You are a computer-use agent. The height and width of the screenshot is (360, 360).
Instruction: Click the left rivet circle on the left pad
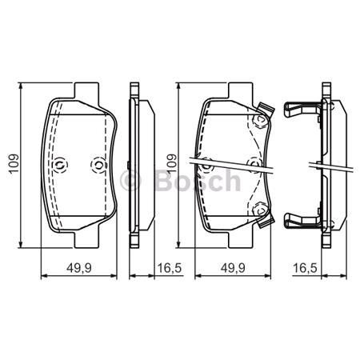pyautogui.click(x=59, y=165)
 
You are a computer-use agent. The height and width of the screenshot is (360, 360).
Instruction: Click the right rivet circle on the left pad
pyautogui.click(x=98, y=165)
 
